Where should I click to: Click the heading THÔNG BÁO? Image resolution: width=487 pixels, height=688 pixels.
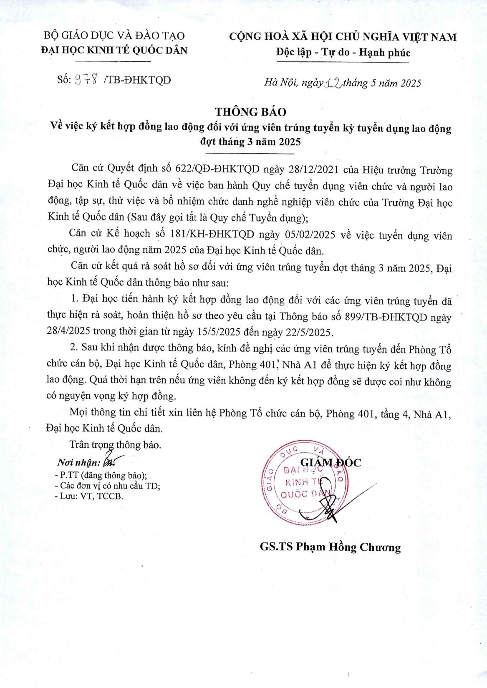coord(250,112)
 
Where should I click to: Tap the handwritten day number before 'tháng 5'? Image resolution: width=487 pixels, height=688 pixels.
coord(333,83)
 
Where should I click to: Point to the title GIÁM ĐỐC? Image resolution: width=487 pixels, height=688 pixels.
coord(331,462)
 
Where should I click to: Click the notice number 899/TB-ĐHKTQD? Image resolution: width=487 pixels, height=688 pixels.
coord(386,317)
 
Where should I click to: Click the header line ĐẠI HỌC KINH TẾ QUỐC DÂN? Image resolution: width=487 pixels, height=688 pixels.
coord(114,50)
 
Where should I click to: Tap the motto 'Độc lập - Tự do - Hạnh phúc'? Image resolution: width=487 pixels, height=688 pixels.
coord(343,53)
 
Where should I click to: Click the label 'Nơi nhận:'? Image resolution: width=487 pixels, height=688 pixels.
coord(78,463)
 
